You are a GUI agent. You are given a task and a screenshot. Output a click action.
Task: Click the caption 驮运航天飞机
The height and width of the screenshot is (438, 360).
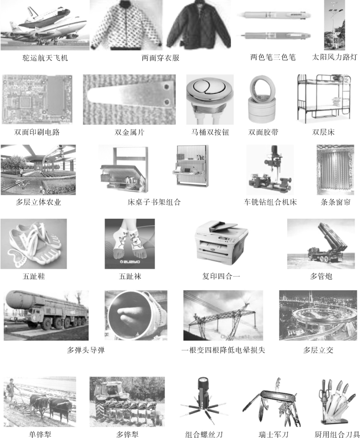(x=45, y=58)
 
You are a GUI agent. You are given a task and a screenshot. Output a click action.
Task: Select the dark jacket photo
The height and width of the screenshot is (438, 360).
(x=199, y=25)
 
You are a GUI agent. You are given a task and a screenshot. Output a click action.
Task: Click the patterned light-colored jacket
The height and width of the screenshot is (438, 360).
(x=126, y=25)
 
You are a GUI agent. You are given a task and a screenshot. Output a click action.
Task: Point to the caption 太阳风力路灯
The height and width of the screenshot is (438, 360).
(x=335, y=57)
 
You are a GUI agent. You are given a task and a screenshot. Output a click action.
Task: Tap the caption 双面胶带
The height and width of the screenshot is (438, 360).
(x=263, y=132)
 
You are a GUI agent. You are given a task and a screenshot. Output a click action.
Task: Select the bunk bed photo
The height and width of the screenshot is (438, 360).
(x=324, y=99)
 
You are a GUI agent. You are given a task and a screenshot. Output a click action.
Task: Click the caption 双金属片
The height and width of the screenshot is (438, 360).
(x=129, y=132)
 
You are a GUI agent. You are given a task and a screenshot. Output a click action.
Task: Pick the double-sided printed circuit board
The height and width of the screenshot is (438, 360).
(x=37, y=99)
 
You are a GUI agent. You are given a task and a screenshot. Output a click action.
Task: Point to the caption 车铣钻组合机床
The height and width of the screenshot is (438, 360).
(x=270, y=202)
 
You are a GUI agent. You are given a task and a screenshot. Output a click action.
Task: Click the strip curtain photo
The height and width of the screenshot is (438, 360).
(x=335, y=170)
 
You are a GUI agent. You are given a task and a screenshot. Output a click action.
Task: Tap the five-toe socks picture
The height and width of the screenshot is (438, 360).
(x=130, y=244)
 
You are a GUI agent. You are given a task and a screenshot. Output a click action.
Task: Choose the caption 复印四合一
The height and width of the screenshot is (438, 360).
(x=221, y=276)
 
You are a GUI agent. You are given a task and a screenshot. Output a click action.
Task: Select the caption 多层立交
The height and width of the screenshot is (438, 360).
(x=318, y=350)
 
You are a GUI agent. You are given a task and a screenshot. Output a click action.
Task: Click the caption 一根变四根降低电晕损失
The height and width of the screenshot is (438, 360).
(x=223, y=350)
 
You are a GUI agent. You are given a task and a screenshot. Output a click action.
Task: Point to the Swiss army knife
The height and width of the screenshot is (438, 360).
(x=272, y=402)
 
